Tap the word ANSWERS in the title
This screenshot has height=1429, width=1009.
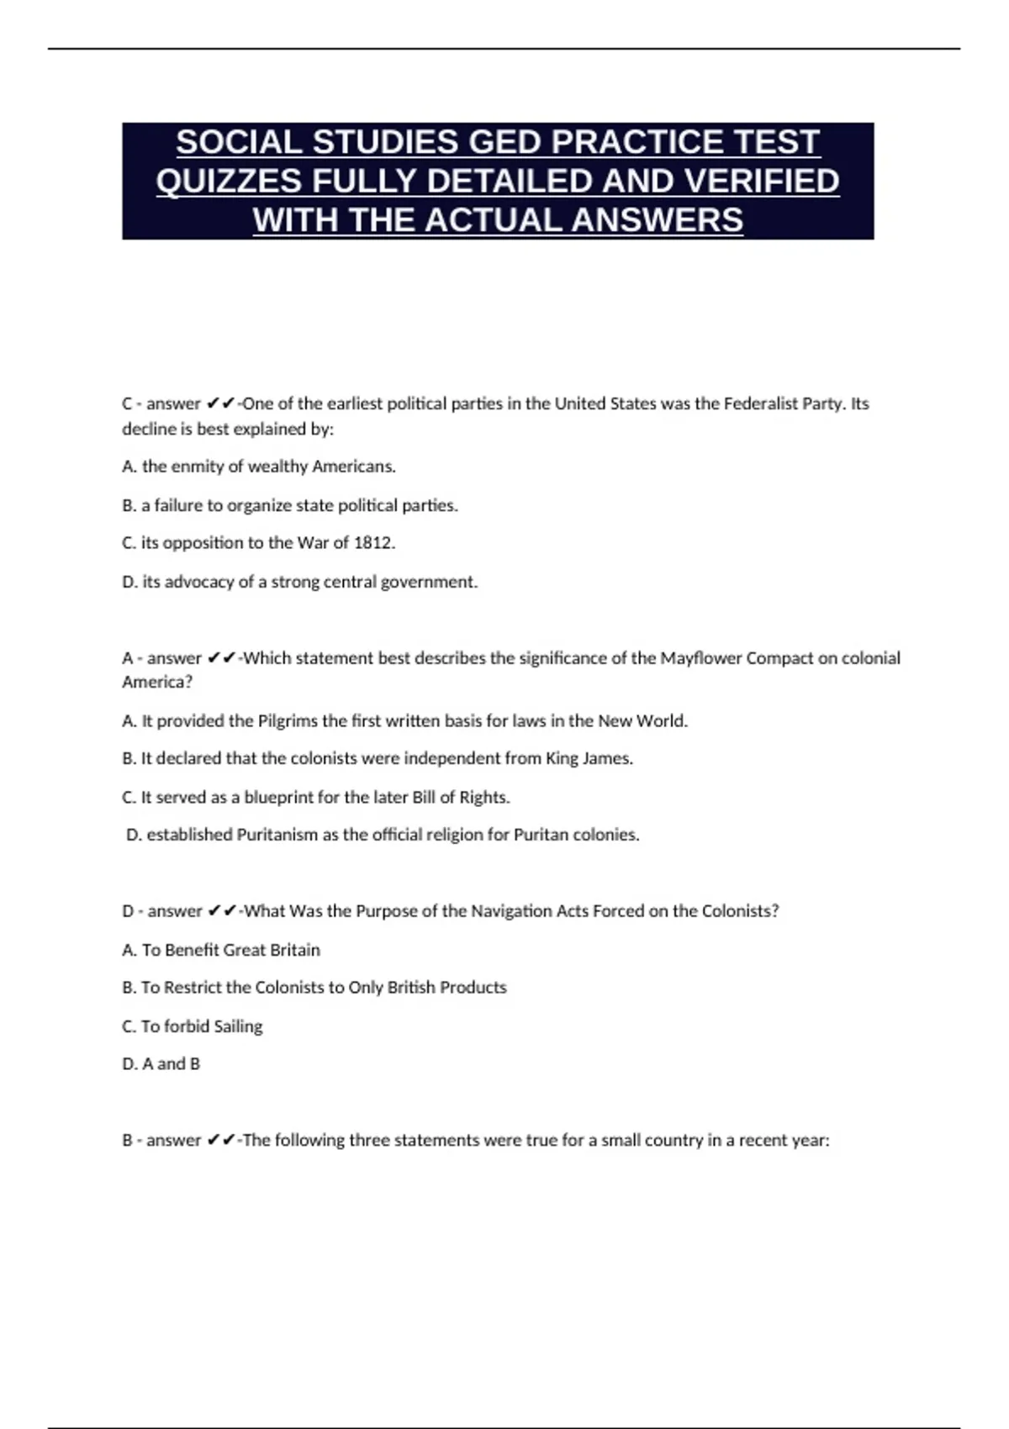tap(657, 220)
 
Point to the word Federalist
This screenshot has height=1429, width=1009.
tap(760, 403)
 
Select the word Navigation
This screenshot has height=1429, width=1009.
tap(510, 911)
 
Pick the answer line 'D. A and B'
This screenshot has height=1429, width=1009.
tap(161, 1064)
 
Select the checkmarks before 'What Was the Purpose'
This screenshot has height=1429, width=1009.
tap(222, 911)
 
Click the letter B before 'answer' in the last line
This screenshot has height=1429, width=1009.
tap(128, 1141)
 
